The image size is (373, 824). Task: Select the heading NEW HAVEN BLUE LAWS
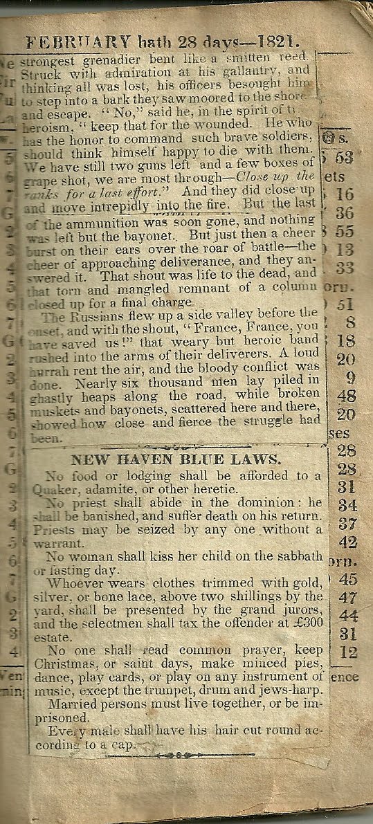click(x=176, y=459)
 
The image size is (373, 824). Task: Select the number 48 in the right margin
click(x=346, y=396)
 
